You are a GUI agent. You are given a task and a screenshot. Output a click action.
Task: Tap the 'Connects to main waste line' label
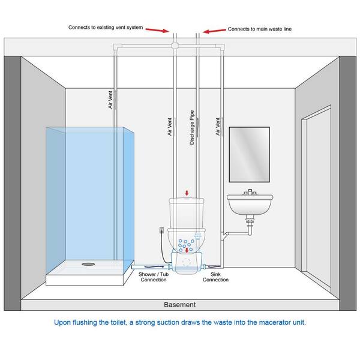[259, 28]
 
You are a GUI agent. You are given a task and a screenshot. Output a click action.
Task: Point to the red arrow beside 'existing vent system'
[157, 29]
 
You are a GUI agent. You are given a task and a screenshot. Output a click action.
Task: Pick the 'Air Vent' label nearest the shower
[110, 97]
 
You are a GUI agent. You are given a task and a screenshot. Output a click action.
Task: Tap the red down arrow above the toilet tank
[187, 193]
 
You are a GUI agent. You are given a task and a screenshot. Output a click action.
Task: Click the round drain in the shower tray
[88, 262]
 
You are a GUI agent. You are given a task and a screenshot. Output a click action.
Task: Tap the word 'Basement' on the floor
[180, 304]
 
